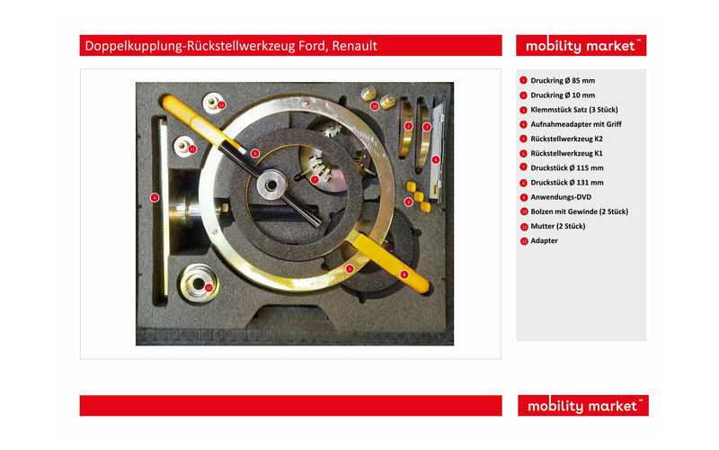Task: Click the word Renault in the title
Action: click(354, 46)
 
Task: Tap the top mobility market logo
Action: click(581, 46)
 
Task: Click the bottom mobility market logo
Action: click(582, 406)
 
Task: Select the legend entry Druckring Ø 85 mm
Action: click(563, 80)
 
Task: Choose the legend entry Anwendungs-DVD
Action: click(561, 197)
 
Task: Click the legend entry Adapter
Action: click(544, 240)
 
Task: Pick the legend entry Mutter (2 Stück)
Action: click(557, 226)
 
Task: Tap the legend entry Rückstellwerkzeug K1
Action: click(566, 153)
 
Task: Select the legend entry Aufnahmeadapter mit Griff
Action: click(576, 124)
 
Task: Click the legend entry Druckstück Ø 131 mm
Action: click(567, 183)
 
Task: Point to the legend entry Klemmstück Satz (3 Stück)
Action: click(574, 110)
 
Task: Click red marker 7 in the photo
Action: click(314, 179)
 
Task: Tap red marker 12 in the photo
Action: click(209, 287)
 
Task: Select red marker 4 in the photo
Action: click(155, 197)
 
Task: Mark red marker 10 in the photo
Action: click(374, 106)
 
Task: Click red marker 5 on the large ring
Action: click(350, 268)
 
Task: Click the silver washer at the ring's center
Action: click(272, 185)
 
